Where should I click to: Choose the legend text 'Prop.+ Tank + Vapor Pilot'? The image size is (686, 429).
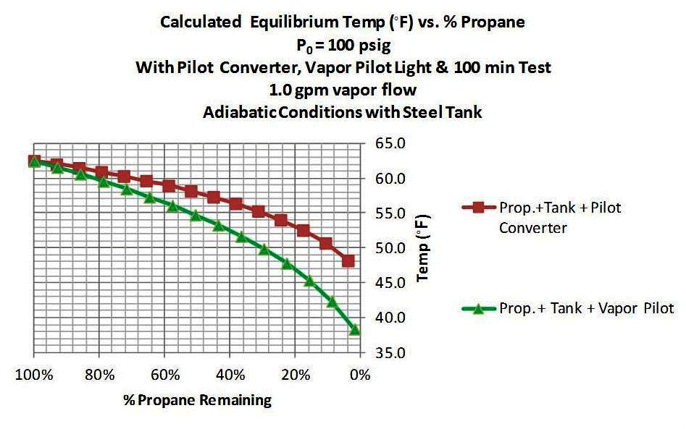587,308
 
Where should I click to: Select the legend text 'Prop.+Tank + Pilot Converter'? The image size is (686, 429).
559,217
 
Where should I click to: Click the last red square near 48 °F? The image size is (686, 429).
348,260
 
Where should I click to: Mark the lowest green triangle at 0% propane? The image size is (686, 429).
355,330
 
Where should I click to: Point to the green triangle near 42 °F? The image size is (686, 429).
332,302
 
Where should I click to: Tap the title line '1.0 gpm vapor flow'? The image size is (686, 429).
343,91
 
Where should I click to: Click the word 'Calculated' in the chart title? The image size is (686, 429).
201,22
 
